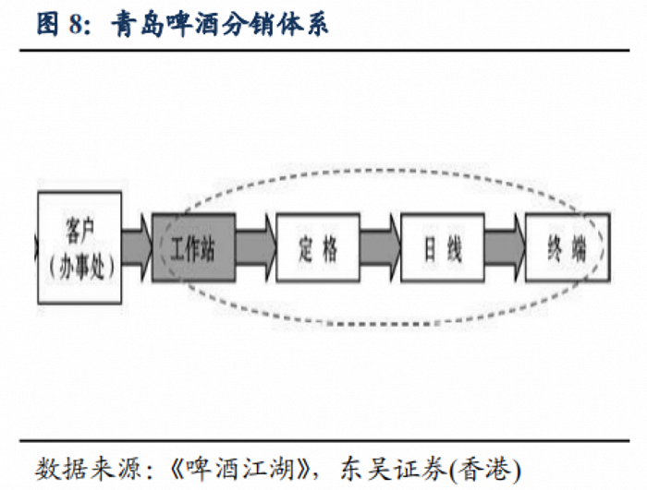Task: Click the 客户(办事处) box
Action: (79, 248)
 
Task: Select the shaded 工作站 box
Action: (194, 247)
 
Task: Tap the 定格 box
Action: (318, 247)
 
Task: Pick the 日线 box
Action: (443, 247)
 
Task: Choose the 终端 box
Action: (568, 247)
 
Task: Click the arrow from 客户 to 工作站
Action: (137, 247)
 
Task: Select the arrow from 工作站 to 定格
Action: (256, 247)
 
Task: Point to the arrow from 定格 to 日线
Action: (380, 247)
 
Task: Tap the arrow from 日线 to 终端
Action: (505, 247)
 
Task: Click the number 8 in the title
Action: (78, 24)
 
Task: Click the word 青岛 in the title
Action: (138, 24)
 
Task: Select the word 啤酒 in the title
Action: (192, 24)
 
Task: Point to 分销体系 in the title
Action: (275, 24)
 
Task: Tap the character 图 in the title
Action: (48, 24)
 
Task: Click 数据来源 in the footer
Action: (89, 469)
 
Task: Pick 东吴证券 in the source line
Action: (394, 469)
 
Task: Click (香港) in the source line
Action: (485, 470)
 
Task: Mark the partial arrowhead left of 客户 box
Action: (36, 247)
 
